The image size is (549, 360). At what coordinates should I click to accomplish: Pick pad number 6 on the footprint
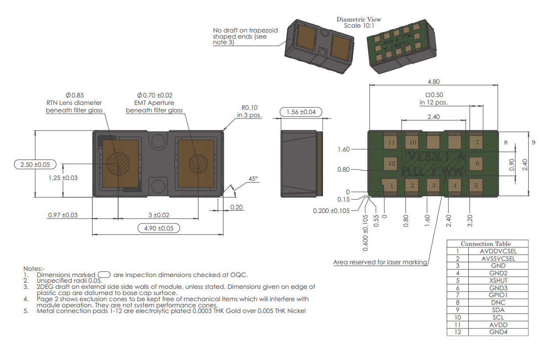476,164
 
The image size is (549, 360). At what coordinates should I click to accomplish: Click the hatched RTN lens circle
118,164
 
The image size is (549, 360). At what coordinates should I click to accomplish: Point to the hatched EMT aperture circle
198,164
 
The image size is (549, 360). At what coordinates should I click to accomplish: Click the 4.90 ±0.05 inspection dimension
158,228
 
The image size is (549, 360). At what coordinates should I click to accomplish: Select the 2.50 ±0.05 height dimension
35,165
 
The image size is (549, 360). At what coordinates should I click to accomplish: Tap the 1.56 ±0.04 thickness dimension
301,112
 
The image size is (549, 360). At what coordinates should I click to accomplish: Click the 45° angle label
253,179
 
